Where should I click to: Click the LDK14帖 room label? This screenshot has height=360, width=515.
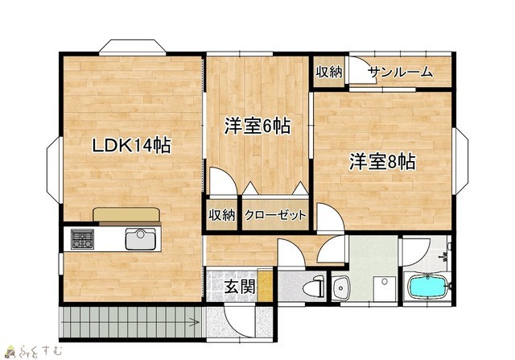(131, 145)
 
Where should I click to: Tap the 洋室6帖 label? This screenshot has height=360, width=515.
(257, 126)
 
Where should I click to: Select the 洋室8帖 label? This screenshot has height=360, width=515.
(382, 161)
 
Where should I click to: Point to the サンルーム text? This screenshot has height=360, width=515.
(400, 72)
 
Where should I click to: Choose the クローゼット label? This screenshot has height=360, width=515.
(275, 215)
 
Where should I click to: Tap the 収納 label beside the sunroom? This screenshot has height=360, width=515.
(329, 72)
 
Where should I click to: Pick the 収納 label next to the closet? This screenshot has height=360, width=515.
(222, 215)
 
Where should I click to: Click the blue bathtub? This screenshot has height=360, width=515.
(427, 287)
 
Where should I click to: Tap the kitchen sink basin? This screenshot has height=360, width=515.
(140, 239)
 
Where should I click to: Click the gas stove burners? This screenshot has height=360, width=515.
(82, 239)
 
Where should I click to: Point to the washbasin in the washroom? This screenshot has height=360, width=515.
(341, 288)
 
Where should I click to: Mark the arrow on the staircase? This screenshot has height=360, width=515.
(194, 322)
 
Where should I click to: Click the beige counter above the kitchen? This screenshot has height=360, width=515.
(126, 214)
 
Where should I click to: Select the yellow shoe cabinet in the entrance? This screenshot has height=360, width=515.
(265, 285)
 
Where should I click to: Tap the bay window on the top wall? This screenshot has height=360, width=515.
(132, 47)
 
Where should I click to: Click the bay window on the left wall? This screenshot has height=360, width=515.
(54, 170)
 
